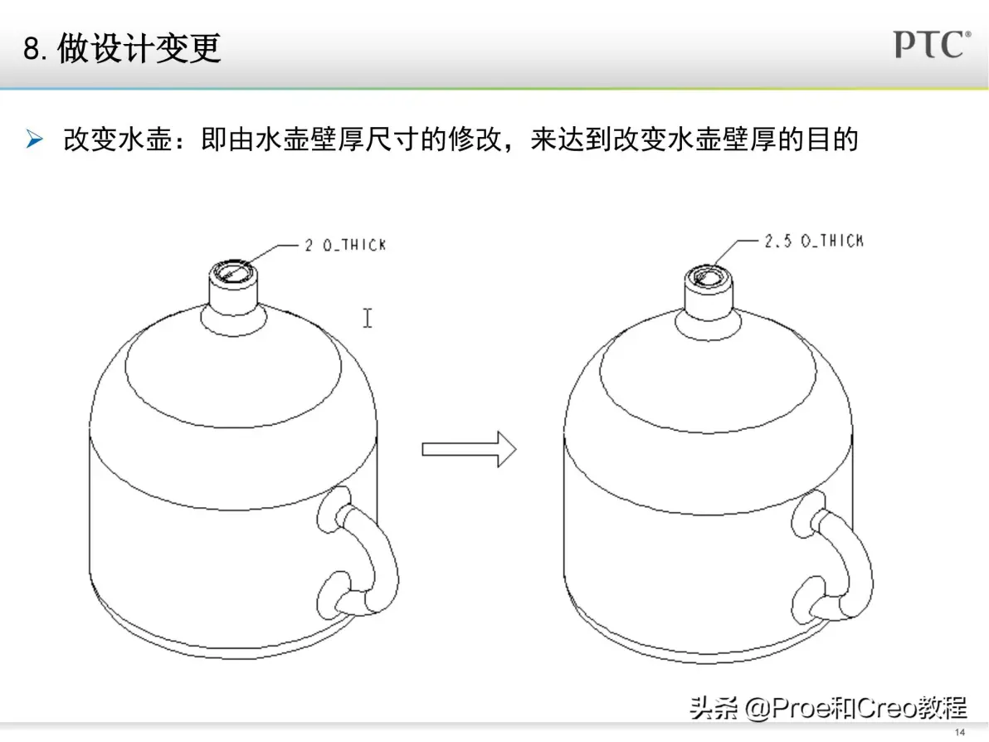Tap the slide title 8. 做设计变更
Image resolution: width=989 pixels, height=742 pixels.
[x=122, y=49]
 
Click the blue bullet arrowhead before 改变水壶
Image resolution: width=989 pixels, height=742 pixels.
[x=35, y=138]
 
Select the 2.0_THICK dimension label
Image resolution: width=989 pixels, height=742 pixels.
[x=345, y=245]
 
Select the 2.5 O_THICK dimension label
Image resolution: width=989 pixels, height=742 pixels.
[x=814, y=241]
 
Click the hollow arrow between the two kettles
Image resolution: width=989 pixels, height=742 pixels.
[x=470, y=449]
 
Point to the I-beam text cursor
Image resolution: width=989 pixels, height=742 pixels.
[x=368, y=318]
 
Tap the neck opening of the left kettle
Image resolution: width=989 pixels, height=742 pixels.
[x=233, y=272]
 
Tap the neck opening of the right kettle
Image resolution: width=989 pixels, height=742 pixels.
[x=709, y=276]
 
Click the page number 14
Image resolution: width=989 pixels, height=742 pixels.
[x=960, y=732]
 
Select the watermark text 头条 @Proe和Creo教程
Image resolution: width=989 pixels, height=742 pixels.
[x=828, y=708]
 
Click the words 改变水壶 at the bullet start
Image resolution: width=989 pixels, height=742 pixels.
[x=118, y=139]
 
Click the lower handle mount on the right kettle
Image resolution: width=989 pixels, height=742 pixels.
[x=808, y=599]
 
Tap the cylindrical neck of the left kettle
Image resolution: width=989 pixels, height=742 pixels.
[x=233, y=293]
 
